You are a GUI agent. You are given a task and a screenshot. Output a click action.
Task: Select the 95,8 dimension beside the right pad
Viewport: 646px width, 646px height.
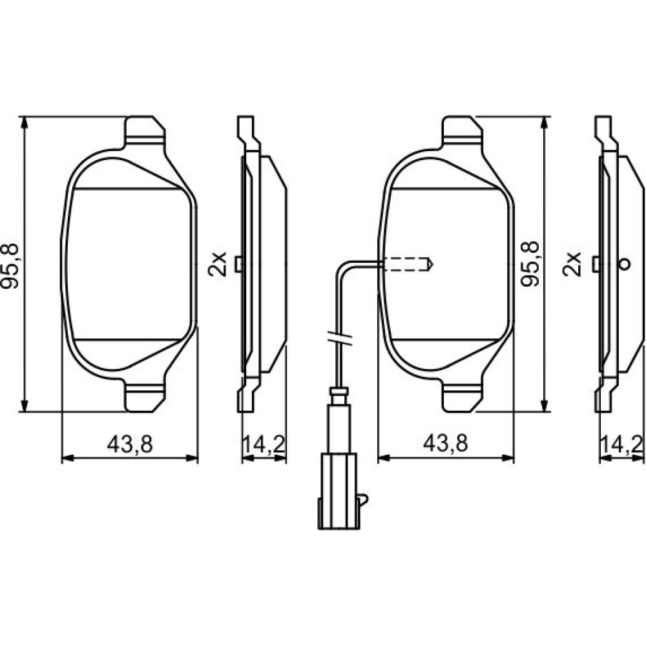(530, 264)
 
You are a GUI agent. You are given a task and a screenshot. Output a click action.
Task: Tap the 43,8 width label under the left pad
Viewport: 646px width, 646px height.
(130, 444)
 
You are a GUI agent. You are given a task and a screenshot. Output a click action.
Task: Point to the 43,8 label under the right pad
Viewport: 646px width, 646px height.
(446, 444)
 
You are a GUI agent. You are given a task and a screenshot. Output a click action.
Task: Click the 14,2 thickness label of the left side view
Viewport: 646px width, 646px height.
(264, 444)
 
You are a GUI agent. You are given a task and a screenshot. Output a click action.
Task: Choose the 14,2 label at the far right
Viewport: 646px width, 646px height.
(622, 444)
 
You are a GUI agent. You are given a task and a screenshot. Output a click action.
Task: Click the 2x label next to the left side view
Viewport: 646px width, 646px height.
(217, 264)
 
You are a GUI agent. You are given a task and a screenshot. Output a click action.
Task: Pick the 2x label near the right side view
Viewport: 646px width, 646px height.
(572, 264)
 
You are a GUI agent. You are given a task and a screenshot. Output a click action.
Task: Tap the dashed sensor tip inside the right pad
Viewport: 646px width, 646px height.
(408, 264)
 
